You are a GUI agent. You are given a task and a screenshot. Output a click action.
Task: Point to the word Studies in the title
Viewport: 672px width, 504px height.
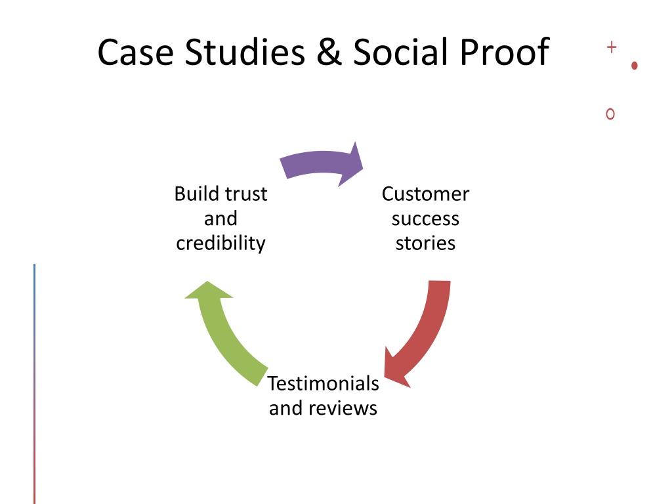point(245,52)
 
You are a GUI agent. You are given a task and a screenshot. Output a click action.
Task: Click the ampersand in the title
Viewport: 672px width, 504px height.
point(329,52)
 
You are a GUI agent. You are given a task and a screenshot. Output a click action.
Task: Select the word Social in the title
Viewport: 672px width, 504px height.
point(400,52)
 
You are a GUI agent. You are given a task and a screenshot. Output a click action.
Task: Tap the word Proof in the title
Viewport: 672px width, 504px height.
point(505,52)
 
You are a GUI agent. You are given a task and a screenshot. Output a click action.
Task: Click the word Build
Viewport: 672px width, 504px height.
point(197,194)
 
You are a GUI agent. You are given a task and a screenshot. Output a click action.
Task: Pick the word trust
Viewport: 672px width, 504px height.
point(246,194)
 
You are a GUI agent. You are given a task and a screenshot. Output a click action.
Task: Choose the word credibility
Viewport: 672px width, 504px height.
point(220,243)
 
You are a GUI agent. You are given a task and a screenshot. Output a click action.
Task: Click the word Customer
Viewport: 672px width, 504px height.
point(425,194)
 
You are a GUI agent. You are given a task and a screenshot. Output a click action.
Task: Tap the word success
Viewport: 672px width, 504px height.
point(425,219)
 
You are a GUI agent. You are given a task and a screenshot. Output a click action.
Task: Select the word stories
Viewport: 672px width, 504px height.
point(425,243)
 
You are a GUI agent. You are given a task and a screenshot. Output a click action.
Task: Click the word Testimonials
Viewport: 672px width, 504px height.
point(323,383)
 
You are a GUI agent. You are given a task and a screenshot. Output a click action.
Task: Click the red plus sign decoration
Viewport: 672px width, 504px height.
point(612,47)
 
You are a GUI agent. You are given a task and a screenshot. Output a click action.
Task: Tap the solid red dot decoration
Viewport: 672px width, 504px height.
point(635,66)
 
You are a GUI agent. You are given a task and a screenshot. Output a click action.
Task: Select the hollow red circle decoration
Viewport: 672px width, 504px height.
point(610,114)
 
